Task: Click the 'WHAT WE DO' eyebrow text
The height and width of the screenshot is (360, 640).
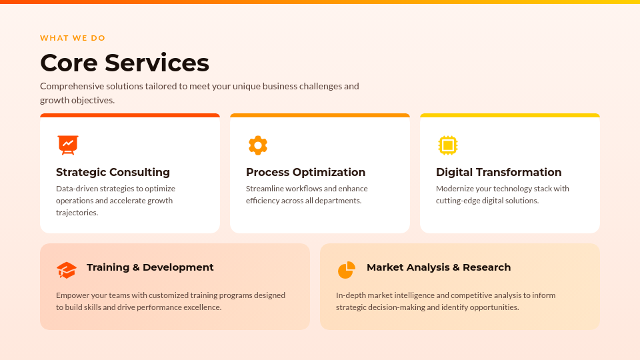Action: [x=73, y=38]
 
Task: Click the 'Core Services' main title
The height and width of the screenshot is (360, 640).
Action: [x=125, y=63]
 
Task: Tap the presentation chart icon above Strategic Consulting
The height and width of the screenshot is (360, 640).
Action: [x=67, y=145]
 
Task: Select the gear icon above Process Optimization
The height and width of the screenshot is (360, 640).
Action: [x=257, y=145]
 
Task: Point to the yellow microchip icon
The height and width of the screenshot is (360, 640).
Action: [x=448, y=145]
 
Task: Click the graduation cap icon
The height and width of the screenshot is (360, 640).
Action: [x=67, y=270]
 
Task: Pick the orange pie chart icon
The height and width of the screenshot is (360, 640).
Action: [x=346, y=270]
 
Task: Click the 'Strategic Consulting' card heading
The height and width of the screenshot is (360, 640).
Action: [x=113, y=172]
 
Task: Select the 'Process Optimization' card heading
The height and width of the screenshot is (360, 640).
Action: [x=305, y=172]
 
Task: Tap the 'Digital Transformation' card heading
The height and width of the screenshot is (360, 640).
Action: [x=499, y=172]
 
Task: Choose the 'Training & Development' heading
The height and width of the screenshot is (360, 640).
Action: [x=150, y=267]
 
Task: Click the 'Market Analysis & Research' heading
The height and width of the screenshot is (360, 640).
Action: [x=439, y=267]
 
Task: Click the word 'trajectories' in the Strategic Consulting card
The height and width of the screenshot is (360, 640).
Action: [x=77, y=213]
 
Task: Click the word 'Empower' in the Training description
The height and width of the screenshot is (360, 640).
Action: [x=71, y=295]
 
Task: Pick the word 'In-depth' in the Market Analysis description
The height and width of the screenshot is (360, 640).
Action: [x=351, y=295]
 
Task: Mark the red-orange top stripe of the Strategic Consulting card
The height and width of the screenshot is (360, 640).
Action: [x=130, y=115]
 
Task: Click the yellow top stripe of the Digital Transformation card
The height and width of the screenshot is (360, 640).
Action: [x=510, y=115]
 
